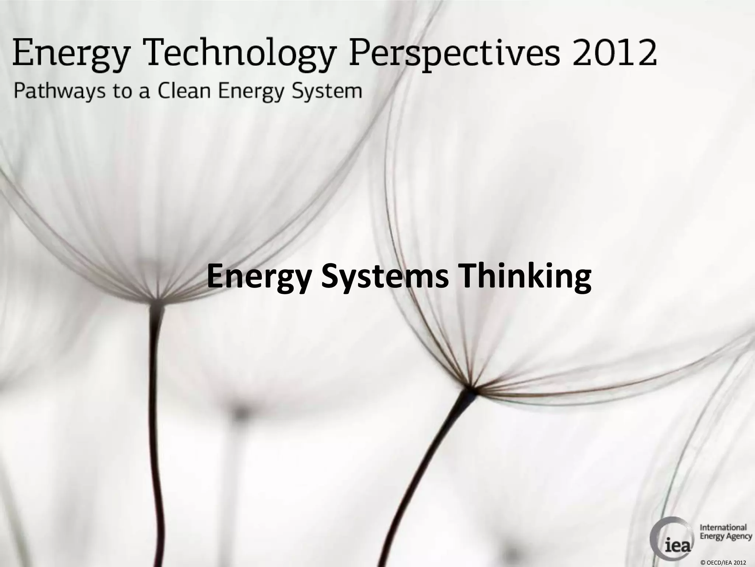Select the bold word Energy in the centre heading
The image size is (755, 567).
(260, 278)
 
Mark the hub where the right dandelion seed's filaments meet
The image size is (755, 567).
(471, 388)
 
